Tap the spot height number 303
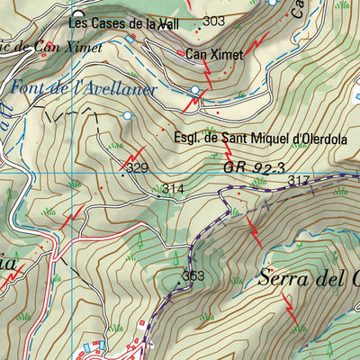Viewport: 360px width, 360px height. click(x=214, y=21)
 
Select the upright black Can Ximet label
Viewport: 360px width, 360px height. click(x=214, y=56)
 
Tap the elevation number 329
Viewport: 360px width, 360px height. click(x=137, y=167)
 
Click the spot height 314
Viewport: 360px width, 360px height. click(x=173, y=189)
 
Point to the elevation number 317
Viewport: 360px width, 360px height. click(x=298, y=182)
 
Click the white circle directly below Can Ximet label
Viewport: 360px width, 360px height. click(x=195, y=90)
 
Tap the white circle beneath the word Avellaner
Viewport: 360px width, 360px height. click(x=127, y=115)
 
